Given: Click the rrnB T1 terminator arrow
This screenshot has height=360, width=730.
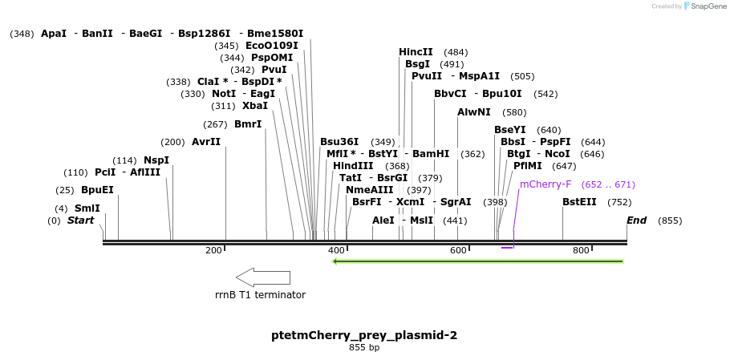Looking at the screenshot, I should coord(263,277).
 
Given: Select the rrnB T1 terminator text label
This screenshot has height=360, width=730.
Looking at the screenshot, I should coord(260,295).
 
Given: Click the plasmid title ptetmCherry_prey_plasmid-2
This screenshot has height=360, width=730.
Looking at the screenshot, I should coord(364,335).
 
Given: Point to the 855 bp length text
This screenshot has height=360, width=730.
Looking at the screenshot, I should coord(364,348).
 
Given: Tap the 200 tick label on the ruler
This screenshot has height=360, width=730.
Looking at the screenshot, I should coord(213,251).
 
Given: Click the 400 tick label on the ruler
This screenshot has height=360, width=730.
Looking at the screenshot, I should coord(336,251).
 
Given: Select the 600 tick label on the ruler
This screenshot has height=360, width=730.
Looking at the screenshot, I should coord(458,251).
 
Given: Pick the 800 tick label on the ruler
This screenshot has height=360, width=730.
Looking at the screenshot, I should coord(581,251).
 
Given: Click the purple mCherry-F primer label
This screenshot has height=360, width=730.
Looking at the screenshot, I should coord(545,184).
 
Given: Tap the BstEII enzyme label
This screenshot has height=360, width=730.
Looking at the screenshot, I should coord(579,202).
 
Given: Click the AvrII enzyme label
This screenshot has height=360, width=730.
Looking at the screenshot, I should coord(206,142).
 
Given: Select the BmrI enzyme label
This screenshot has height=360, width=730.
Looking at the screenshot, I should coord(248,124).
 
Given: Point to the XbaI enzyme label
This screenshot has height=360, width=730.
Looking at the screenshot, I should coord(255,106).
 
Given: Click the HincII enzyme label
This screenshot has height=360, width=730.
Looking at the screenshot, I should coord(416,52).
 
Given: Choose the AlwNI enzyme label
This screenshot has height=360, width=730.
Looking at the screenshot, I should coord(473,112).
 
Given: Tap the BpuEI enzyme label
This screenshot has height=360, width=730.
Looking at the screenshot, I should coord(97,190).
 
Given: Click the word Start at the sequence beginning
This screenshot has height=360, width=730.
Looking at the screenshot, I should coord(80,220).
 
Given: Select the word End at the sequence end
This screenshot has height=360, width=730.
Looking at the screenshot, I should coord(637,220).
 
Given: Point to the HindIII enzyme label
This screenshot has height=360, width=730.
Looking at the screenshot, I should coord(353,166).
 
